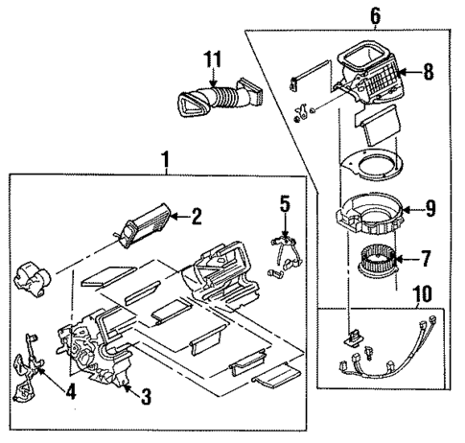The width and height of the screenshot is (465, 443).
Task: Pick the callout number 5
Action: coord(284,203)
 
